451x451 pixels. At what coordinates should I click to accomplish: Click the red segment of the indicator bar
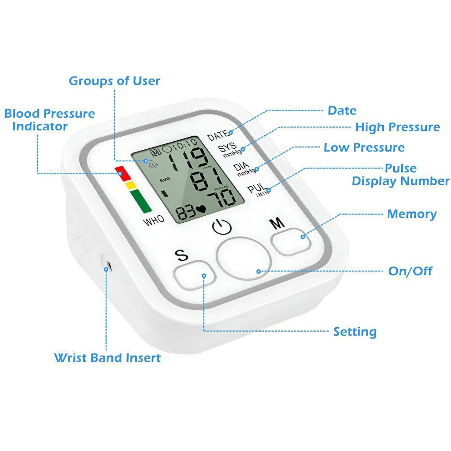click(x=123, y=173)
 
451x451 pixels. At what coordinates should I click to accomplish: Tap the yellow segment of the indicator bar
click(x=130, y=185)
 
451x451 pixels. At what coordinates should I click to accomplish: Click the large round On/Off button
click(x=243, y=258)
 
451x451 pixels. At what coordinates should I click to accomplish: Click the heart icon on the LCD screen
click(x=201, y=209)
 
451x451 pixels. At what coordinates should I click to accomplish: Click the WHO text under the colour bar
click(x=154, y=221)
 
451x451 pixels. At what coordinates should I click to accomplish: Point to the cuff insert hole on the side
click(x=106, y=266)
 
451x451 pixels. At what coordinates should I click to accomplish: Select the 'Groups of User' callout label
click(x=115, y=81)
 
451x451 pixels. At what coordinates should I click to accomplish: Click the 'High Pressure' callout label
click(x=397, y=127)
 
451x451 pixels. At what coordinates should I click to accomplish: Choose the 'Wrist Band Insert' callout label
click(x=107, y=358)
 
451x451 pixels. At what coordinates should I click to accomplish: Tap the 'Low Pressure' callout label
click(x=364, y=147)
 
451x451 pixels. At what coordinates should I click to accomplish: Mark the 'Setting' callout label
click(x=355, y=332)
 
